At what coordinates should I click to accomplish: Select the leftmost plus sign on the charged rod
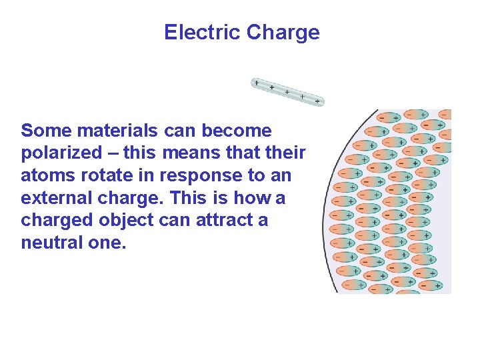(257, 83)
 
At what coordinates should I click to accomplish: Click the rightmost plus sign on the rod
(318, 101)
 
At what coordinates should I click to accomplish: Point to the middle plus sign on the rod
(287, 92)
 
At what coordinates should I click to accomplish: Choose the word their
(284, 153)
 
